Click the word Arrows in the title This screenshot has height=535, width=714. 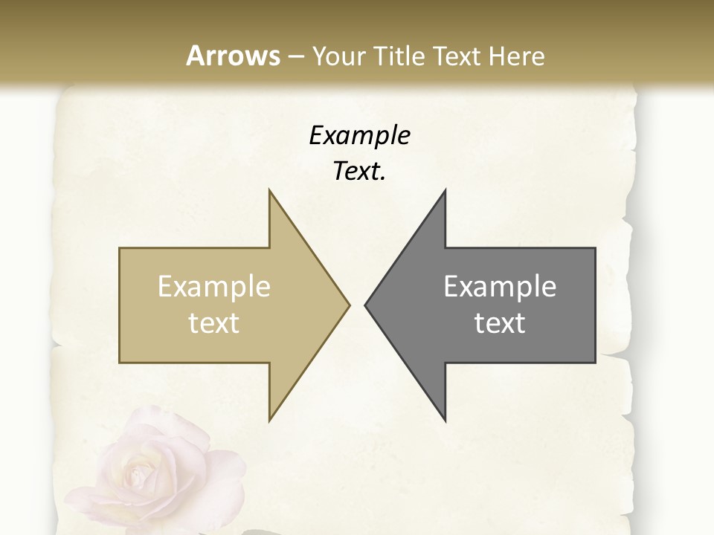[233, 56]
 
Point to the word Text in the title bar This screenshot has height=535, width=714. [455, 56]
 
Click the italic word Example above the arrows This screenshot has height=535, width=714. [359, 135]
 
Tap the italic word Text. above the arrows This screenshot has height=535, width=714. [359, 171]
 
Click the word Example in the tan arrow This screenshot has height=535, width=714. [214, 287]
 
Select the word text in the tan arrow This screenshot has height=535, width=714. [214, 323]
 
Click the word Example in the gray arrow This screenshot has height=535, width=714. [500, 287]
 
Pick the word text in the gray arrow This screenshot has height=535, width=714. [500, 323]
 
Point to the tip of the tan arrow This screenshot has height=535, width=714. [349, 305]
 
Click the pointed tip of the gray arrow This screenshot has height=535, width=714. [365, 305]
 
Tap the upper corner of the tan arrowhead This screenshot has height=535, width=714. [269, 190]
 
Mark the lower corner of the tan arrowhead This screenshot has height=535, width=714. [269, 420]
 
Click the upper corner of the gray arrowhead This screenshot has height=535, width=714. [445, 190]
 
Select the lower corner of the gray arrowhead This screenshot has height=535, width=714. [445, 420]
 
